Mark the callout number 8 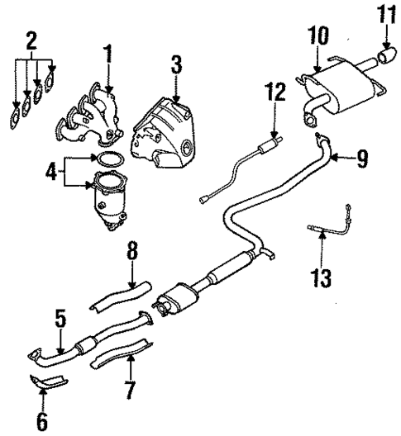click(131, 251)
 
